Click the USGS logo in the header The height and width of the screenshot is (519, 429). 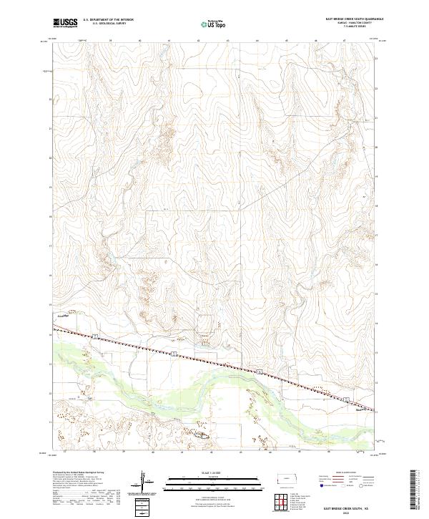tap(65, 24)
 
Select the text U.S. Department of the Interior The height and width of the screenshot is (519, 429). tap(108, 20)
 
